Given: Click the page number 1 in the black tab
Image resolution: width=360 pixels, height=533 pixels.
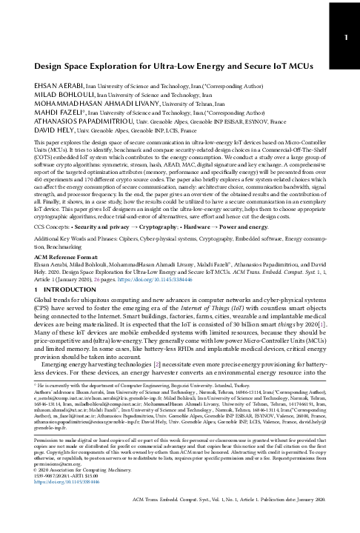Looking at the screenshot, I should pos(345,36).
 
